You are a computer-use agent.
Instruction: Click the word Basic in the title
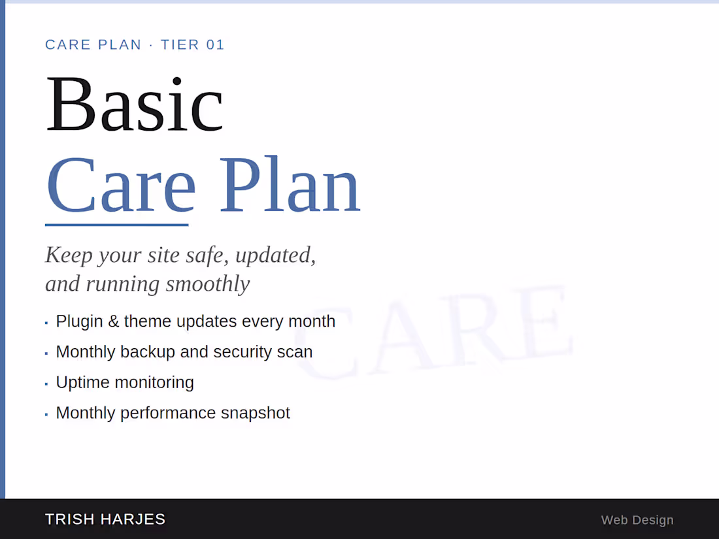coord(134,105)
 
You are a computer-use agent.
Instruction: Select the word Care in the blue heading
coord(121,186)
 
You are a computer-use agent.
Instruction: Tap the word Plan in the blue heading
coord(289,186)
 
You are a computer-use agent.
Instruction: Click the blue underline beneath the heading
coord(116,225)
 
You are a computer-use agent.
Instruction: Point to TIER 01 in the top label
coord(193,44)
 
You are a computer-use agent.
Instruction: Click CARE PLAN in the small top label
coord(93,44)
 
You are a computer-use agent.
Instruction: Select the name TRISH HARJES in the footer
coord(105,519)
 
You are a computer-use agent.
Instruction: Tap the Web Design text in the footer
coord(637,520)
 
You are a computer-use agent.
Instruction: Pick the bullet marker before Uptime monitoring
coord(46,384)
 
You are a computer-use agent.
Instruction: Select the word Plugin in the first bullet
coord(79,321)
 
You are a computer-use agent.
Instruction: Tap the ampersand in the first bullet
coord(113,321)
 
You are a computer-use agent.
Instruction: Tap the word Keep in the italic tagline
coord(69,255)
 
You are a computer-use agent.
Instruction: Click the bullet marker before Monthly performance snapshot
coord(46,414)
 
